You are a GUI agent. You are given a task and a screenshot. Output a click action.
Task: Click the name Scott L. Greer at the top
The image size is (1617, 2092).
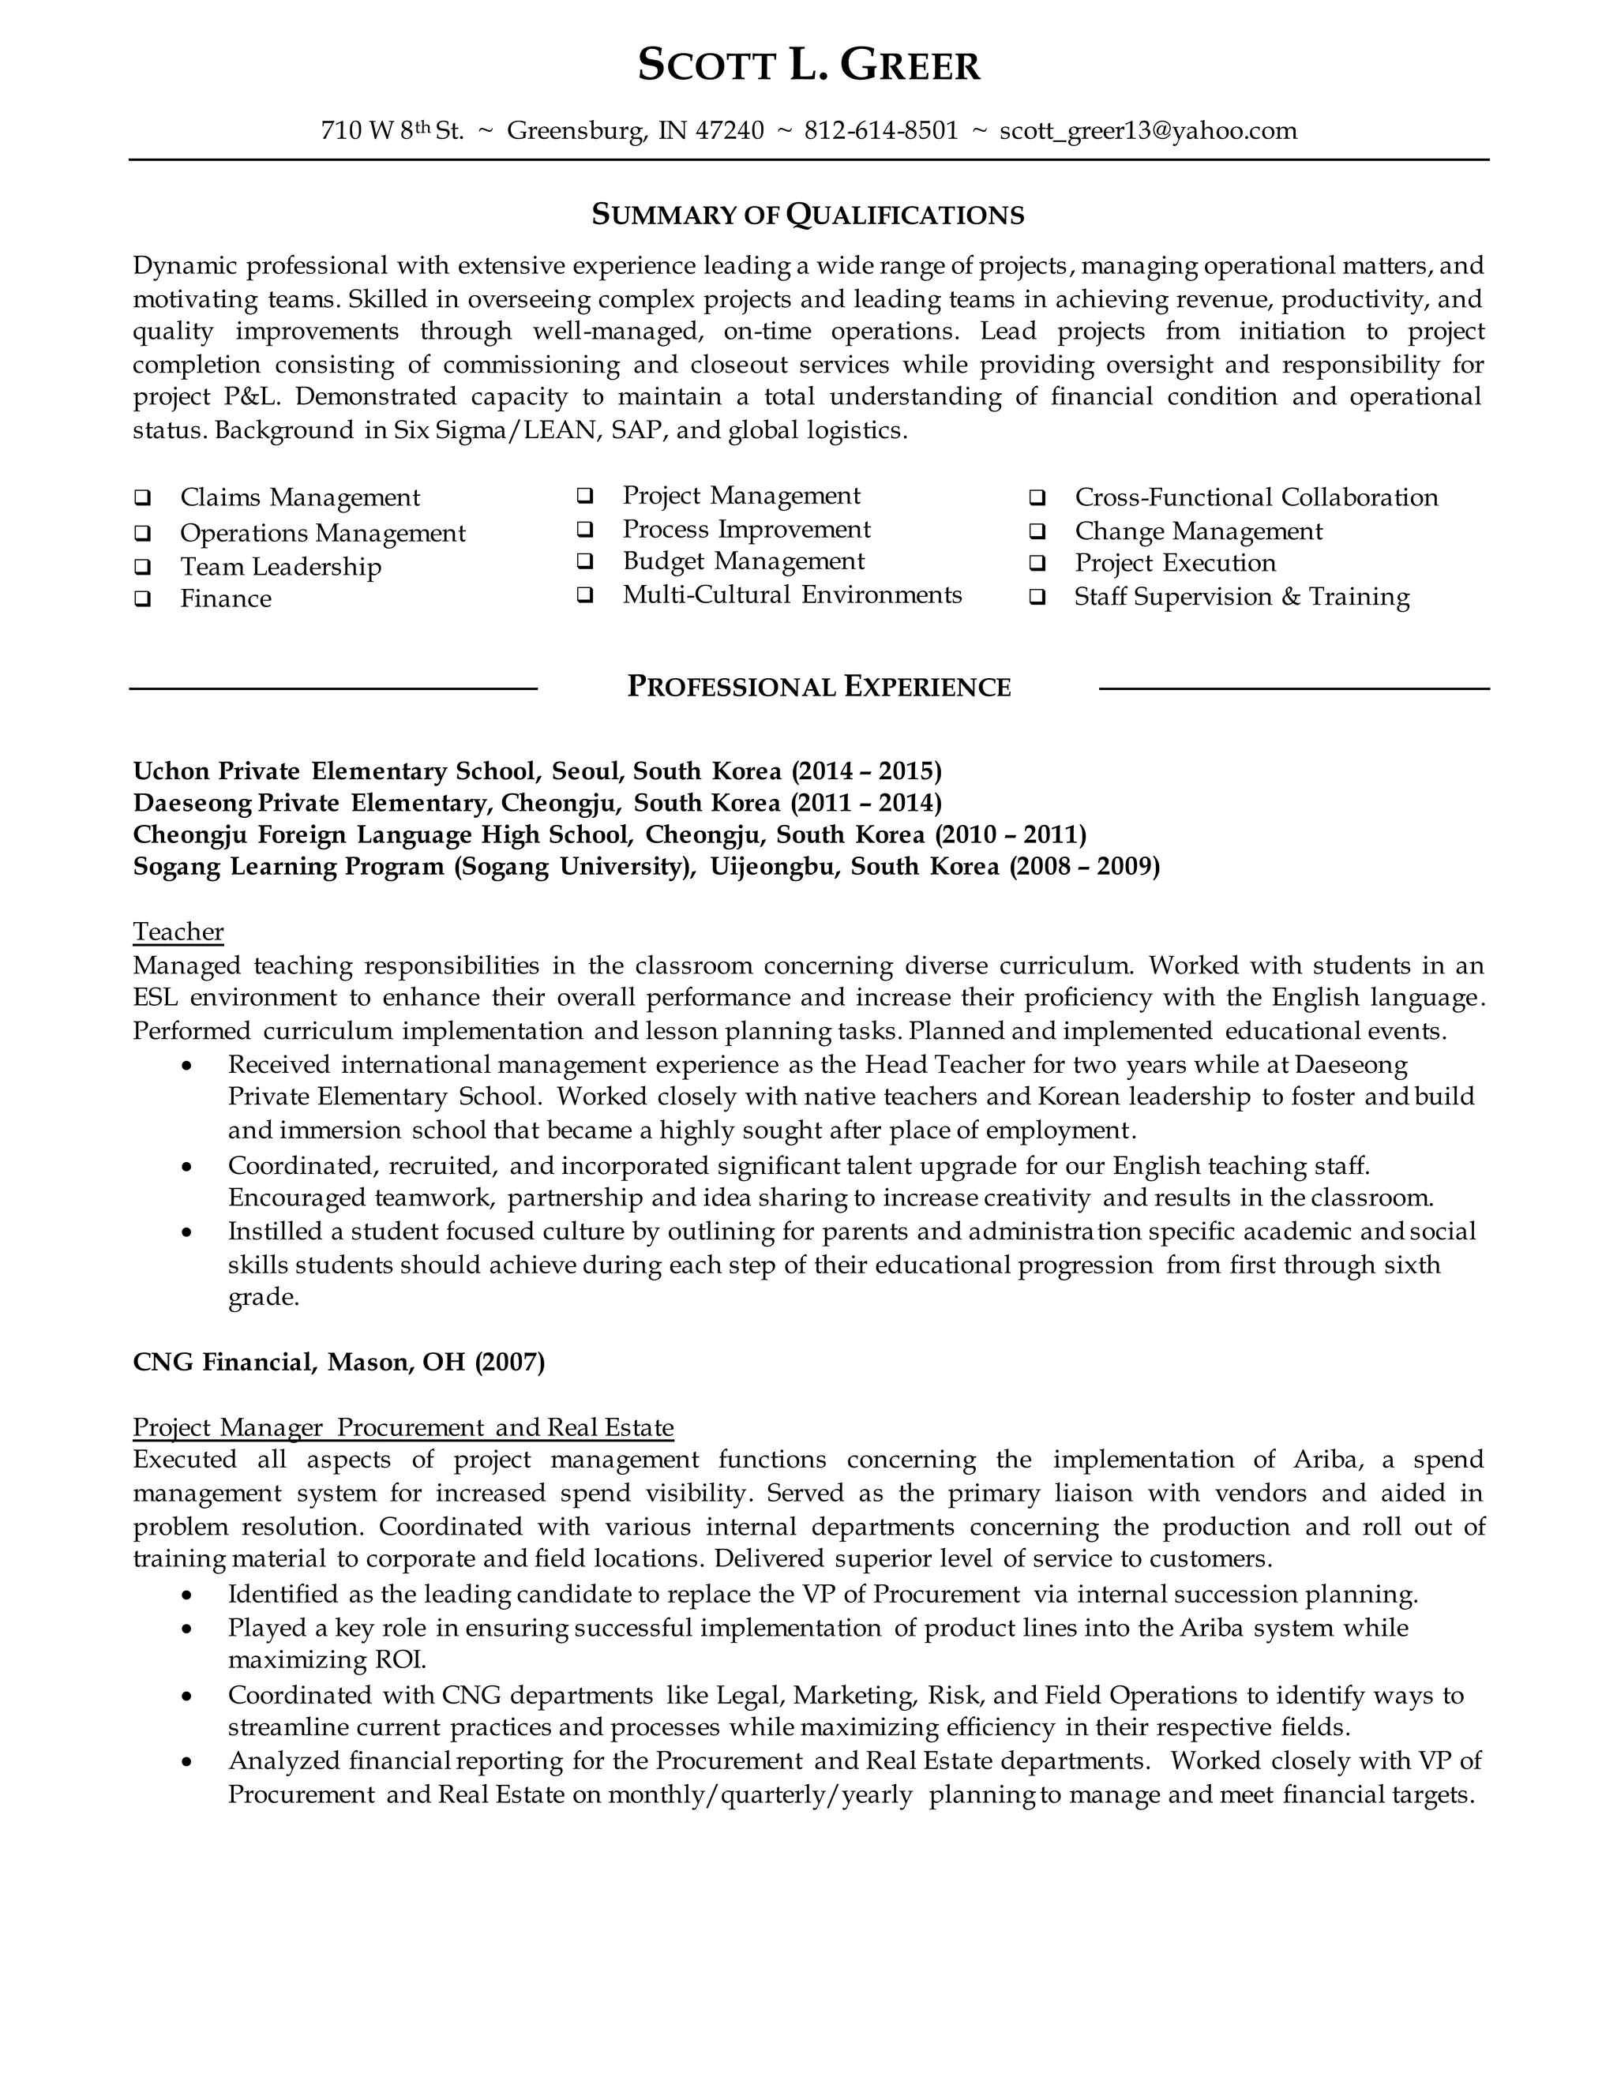tap(808, 66)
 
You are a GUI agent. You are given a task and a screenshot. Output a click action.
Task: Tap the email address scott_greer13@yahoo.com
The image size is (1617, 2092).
tap(1147, 131)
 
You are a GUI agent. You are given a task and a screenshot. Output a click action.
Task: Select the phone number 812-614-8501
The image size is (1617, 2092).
tap(880, 131)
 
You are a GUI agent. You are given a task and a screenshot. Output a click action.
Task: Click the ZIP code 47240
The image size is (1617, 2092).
tap(729, 131)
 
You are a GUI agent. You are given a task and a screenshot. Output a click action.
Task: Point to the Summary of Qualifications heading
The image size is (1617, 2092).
tap(808, 215)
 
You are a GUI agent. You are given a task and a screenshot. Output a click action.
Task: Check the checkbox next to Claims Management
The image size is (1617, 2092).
tap(143, 498)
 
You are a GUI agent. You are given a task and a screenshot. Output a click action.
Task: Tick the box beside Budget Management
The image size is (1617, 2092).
tap(584, 561)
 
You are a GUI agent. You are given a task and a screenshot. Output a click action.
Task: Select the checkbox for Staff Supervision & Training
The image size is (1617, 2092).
tap(1037, 598)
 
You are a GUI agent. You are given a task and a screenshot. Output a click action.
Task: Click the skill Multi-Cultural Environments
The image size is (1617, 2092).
tap(791, 595)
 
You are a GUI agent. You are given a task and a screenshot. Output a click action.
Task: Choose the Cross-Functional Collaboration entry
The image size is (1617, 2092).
tap(1256, 498)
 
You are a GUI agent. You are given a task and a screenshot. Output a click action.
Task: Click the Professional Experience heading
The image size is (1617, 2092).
tap(818, 687)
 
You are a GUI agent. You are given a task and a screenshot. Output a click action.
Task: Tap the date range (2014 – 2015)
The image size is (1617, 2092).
tap(866, 771)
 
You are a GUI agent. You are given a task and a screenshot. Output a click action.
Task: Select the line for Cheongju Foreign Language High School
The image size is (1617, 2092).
tap(610, 834)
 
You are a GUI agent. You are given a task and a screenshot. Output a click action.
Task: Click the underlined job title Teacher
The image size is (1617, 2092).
tap(178, 932)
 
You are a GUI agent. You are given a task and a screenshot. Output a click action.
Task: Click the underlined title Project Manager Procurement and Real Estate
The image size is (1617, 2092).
tap(403, 1428)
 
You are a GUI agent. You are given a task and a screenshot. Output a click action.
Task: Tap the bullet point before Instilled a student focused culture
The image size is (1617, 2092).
tap(187, 1233)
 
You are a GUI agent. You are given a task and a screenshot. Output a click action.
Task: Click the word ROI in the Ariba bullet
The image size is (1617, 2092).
tap(400, 1660)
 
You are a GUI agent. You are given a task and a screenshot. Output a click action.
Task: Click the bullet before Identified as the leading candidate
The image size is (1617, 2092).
tap(187, 1595)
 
